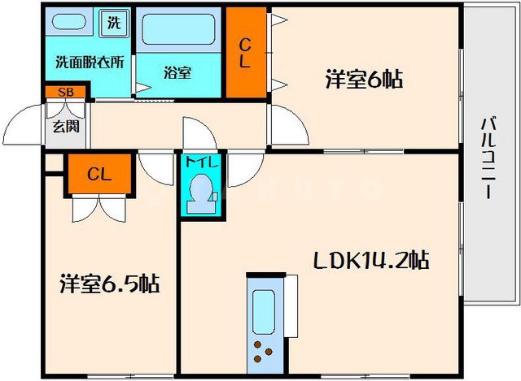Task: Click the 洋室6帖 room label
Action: click(x=366, y=80)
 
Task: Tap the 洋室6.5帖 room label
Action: click(x=108, y=284)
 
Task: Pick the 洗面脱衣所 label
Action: click(x=90, y=62)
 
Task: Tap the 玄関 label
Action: click(x=61, y=126)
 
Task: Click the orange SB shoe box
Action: click(x=65, y=92)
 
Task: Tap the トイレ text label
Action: click(x=200, y=161)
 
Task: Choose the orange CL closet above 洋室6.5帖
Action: click(x=99, y=173)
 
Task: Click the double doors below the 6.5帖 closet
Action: click(x=99, y=209)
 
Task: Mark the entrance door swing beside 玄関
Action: click(x=24, y=126)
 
